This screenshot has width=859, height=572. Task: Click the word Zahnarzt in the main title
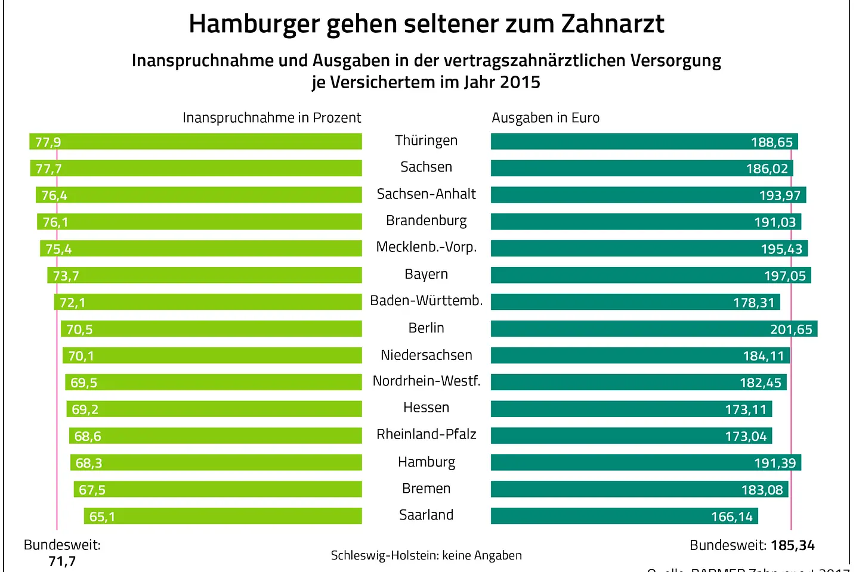(x=612, y=24)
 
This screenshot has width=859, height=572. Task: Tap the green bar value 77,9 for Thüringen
(x=48, y=142)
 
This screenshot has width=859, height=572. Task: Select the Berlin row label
(x=426, y=328)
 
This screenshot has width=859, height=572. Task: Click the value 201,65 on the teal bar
(x=791, y=329)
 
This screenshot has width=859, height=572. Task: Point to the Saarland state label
(x=426, y=515)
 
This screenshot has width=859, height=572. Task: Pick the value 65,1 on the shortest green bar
(x=102, y=517)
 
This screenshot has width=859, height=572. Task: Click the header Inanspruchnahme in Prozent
(x=271, y=117)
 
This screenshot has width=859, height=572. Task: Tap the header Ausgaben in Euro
(x=545, y=117)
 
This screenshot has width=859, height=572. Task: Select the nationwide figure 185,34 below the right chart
(x=792, y=545)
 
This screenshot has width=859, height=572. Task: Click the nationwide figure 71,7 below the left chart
(x=62, y=561)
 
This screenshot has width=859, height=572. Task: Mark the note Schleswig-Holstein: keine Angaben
(x=426, y=555)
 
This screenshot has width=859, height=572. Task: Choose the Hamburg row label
(x=426, y=462)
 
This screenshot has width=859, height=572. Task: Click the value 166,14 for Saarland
(x=732, y=517)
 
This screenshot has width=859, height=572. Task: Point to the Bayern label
(x=426, y=274)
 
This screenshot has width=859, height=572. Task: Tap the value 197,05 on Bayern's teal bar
(x=784, y=276)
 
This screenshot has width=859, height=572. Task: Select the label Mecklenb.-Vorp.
(x=426, y=247)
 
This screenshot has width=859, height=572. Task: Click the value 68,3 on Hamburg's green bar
(x=89, y=463)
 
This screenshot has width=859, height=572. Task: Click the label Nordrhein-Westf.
(x=426, y=381)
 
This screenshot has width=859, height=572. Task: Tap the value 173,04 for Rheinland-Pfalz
(x=746, y=436)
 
